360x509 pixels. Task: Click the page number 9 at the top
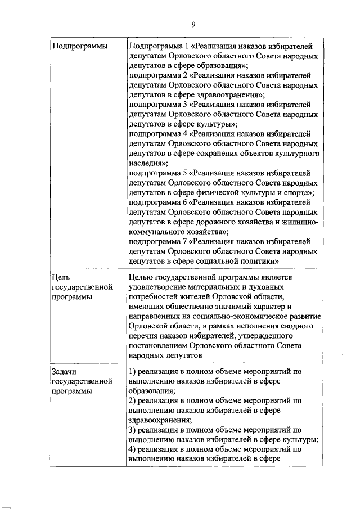(193, 25)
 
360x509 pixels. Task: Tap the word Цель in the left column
(61, 276)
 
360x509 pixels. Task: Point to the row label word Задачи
(64, 372)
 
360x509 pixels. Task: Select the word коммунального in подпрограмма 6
(156, 231)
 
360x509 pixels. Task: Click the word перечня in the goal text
(143, 336)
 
